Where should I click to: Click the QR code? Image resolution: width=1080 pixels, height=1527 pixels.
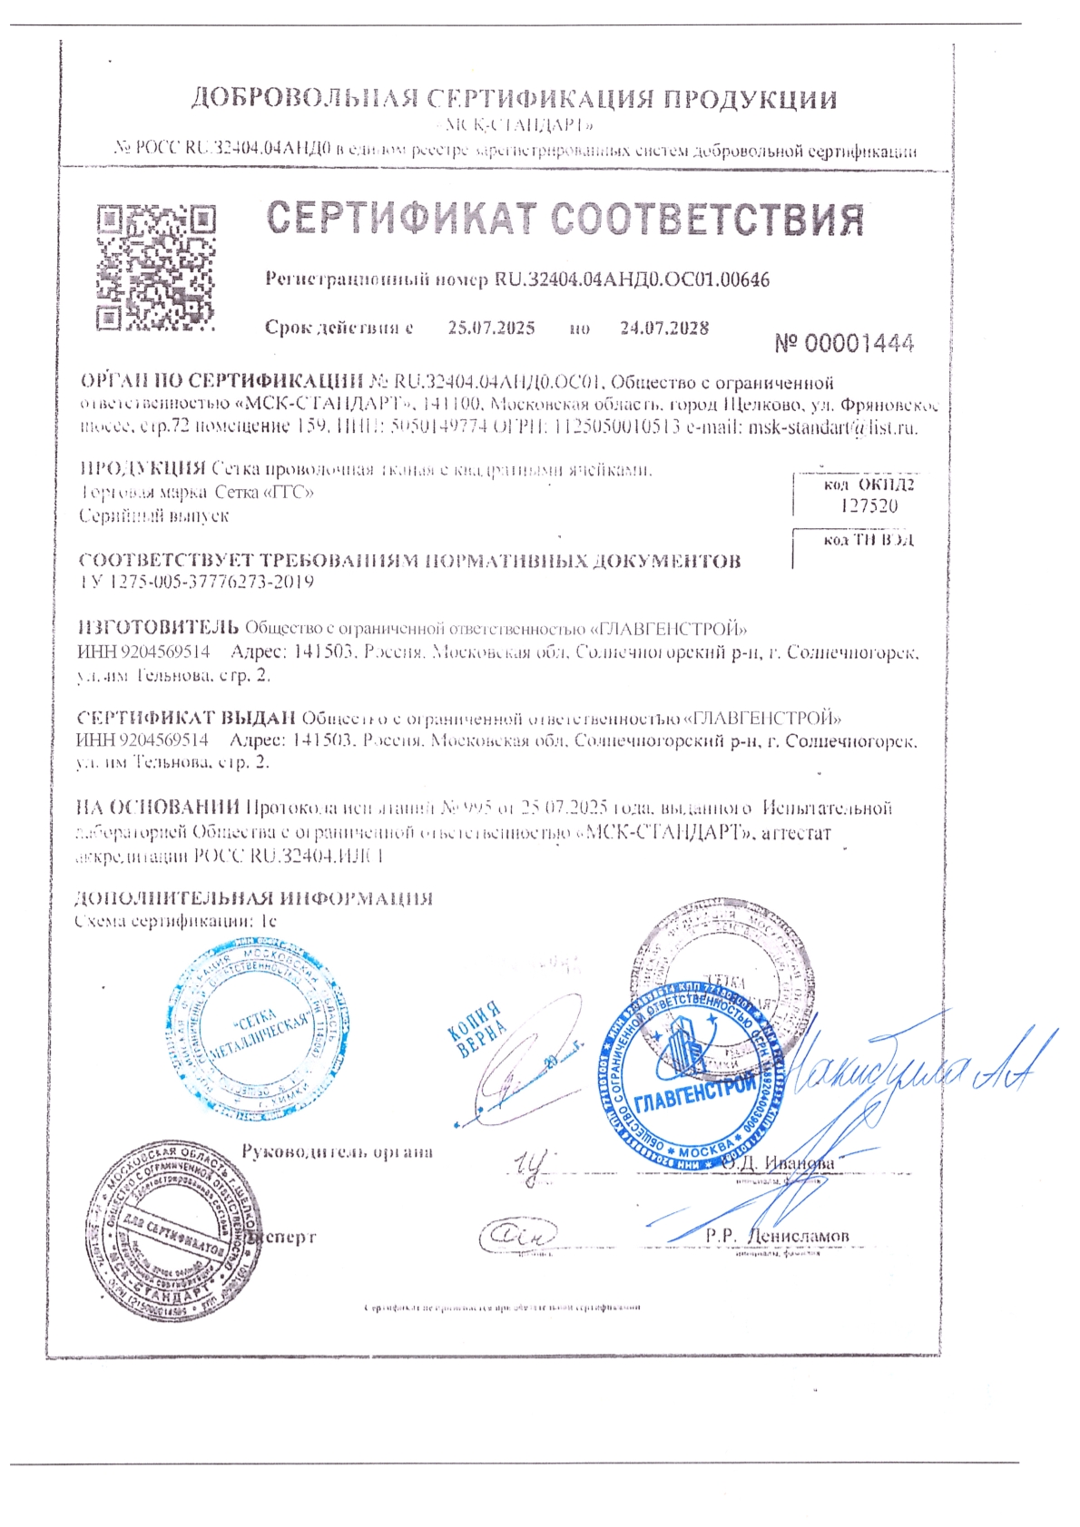pos(156,267)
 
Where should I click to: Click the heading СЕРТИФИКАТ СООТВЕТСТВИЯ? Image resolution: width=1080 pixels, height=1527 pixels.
pos(565,220)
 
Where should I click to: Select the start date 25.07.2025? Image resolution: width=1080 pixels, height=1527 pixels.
pos(491,328)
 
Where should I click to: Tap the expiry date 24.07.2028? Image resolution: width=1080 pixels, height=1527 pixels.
pos(664,328)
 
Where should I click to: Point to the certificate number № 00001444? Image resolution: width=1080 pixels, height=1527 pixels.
pos(844,343)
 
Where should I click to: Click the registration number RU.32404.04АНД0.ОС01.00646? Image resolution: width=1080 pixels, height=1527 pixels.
pos(632,279)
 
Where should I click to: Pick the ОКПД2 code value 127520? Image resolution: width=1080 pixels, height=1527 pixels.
pos(869,506)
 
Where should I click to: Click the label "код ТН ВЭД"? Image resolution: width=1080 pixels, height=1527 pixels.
pos(869,540)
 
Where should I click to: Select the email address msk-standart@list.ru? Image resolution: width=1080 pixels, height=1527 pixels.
pos(832,427)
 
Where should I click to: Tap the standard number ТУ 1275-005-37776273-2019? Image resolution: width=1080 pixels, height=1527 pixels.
pos(197,582)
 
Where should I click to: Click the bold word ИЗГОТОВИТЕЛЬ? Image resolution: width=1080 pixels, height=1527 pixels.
pos(159,627)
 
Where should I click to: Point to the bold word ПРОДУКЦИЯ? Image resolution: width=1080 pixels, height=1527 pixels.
pos(143,469)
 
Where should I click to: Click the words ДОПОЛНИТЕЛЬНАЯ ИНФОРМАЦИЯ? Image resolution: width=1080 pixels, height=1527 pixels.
pos(253,898)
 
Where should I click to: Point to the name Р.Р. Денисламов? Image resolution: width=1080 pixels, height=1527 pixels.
pos(779,1236)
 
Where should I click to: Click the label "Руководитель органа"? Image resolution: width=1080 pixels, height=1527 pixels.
pos(337,1152)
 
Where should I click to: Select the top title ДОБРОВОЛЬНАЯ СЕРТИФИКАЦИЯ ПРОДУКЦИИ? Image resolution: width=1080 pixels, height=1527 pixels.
pos(514,99)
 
